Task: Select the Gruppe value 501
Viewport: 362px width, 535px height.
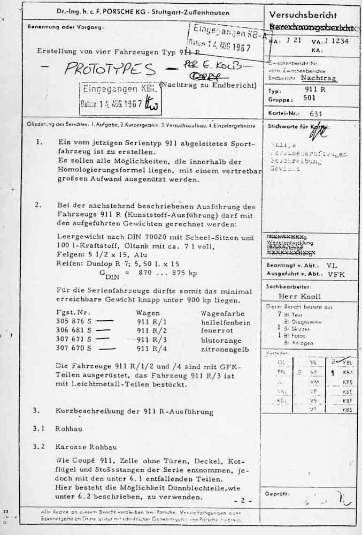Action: (310, 98)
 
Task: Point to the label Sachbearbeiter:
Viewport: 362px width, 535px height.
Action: (286, 287)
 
